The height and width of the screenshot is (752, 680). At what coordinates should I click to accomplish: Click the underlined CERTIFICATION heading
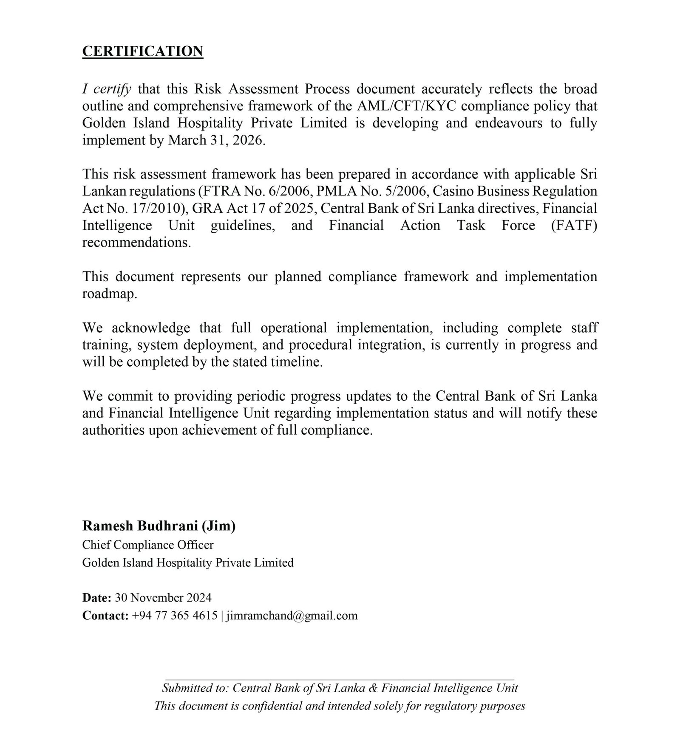tap(142, 51)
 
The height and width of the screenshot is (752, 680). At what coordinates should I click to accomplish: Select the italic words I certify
tap(107, 89)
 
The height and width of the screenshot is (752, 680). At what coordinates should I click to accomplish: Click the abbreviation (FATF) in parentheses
tap(574, 226)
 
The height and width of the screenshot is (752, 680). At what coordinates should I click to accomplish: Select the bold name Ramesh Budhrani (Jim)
tap(159, 526)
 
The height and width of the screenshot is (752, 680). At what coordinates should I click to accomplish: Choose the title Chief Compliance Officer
tap(148, 545)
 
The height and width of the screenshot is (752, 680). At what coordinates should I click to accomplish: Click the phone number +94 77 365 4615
tap(175, 616)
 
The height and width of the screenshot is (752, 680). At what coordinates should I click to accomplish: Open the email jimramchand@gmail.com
tap(292, 616)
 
